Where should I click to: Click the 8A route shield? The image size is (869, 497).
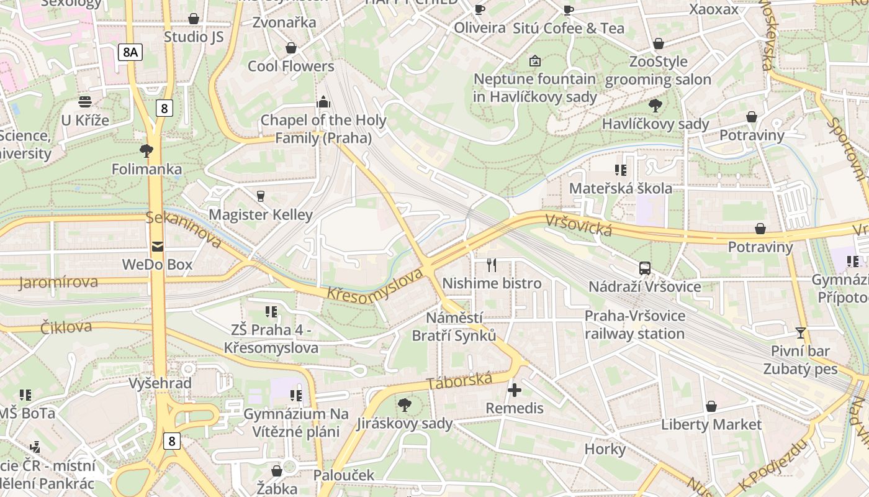coord(130,52)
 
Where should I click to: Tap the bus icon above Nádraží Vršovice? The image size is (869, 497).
coord(645,268)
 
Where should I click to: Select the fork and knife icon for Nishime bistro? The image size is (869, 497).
coord(492,265)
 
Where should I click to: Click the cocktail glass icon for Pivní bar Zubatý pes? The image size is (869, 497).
coord(801,333)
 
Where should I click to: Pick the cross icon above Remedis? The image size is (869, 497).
coord(515,390)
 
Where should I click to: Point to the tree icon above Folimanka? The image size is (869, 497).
coord(146,151)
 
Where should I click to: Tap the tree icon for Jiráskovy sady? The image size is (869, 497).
coord(404,405)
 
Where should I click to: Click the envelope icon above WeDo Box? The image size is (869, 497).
coord(157,247)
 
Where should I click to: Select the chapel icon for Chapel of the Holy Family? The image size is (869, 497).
coord(323,102)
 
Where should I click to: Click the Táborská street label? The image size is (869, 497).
coord(460,381)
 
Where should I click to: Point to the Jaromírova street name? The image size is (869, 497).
coord(58,283)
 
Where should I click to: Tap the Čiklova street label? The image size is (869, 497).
coord(66,327)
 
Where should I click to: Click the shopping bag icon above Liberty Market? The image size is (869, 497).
coord(711,406)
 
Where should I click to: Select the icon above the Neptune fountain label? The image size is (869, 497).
coord(534,61)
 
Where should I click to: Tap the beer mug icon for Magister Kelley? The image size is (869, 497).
coord(260,196)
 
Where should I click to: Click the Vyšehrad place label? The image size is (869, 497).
coord(160,383)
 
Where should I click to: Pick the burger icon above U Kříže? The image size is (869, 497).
coord(85,103)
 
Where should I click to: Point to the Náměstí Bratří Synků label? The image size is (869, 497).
coord(454,327)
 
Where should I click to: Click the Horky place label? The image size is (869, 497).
coord(605,449)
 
